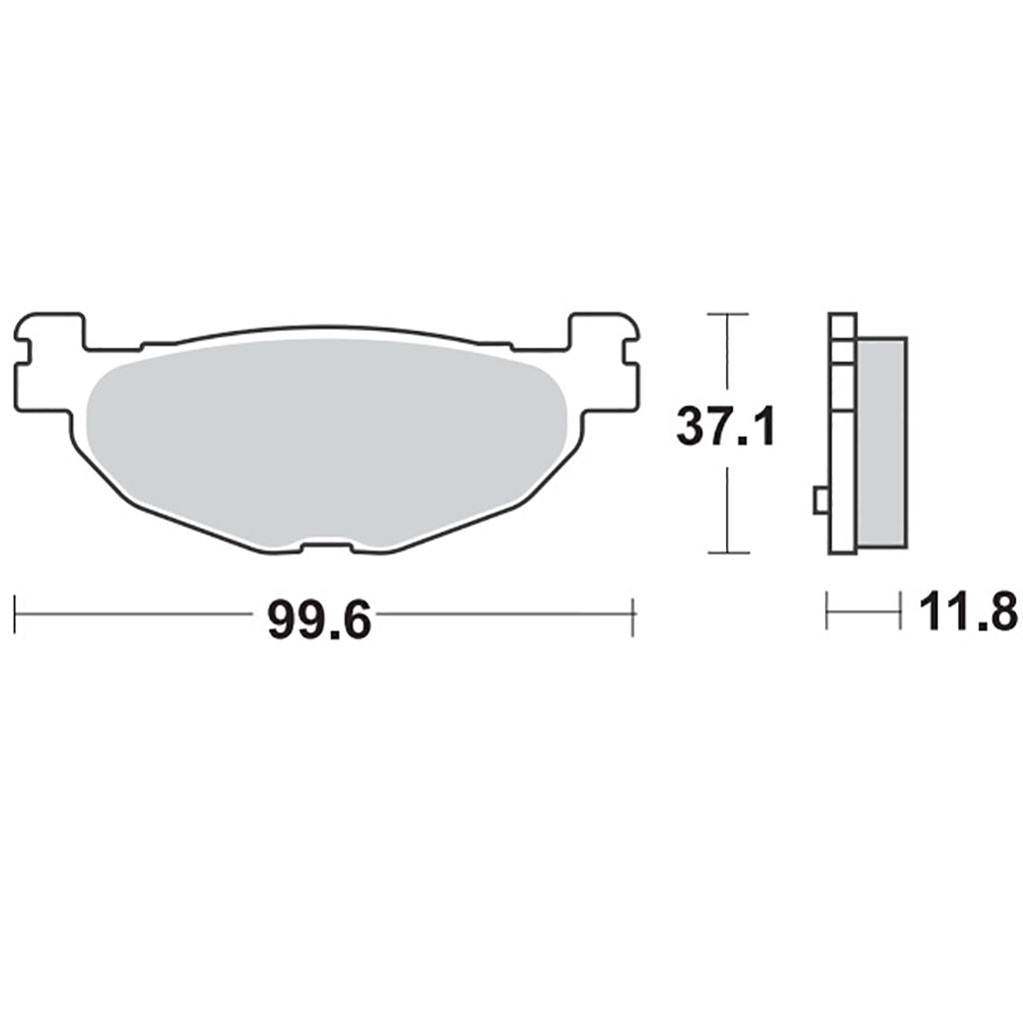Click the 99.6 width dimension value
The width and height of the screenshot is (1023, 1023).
[x=319, y=620]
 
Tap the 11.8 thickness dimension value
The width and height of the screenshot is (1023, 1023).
[x=967, y=611]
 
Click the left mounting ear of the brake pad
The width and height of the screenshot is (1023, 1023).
[x=50, y=363]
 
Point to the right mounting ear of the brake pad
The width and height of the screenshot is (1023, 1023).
[x=602, y=363]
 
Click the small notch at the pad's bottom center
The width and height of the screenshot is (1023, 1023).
[x=327, y=544]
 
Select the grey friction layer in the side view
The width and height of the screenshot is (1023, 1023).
[x=881, y=443]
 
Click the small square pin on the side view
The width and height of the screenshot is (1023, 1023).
[x=821, y=501]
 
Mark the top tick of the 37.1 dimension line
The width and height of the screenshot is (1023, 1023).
[x=727, y=315]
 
